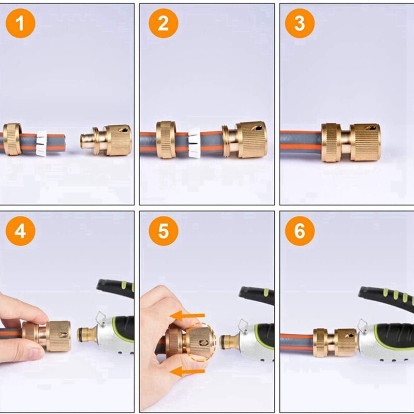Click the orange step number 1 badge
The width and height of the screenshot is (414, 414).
click(x=20, y=24)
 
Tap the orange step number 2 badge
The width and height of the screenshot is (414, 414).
click(x=164, y=24)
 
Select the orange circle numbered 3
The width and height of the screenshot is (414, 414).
click(x=300, y=24)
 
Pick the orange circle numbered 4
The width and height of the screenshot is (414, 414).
click(x=20, y=231)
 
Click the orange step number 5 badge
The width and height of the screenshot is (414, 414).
click(x=164, y=231)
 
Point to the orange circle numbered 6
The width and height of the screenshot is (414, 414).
click(x=300, y=231)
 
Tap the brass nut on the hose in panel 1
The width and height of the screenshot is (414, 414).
click(x=12, y=139)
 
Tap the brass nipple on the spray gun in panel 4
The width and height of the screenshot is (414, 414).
click(x=85, y=335)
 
